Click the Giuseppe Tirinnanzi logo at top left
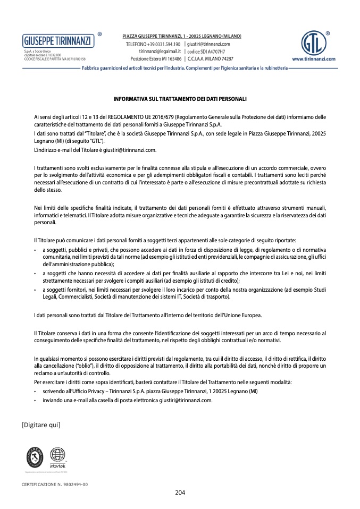(x=57, y=40)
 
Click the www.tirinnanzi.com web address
(x=313, y=60)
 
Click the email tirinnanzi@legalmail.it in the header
(x=160, y=51)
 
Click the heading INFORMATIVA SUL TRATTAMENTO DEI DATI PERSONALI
(x=180, y=99)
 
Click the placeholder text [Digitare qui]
(x=41, y=425)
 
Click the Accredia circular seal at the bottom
(x=36, y=456)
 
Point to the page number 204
(x=180, y=493)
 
